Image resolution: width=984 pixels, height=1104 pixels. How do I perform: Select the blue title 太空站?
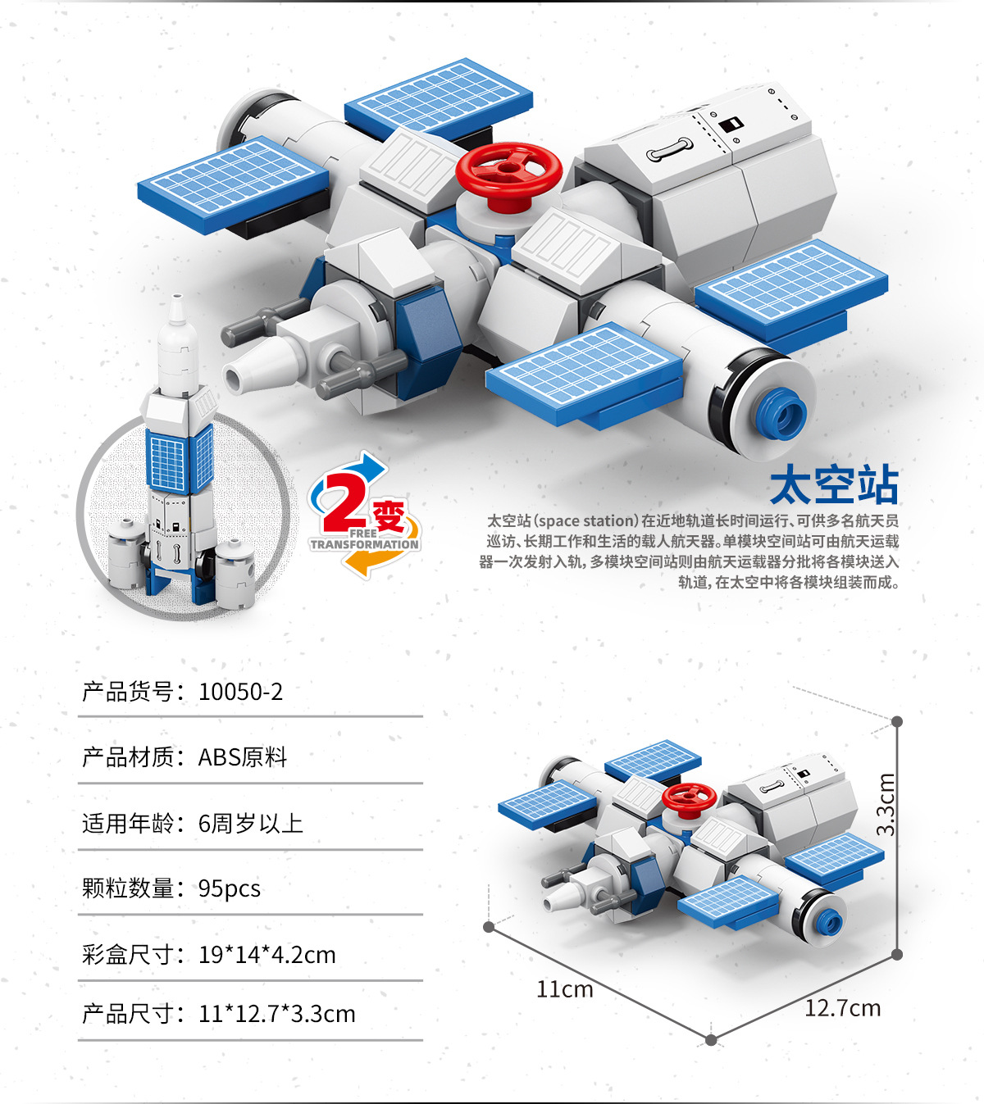pyautogui.click(x=834, y=485)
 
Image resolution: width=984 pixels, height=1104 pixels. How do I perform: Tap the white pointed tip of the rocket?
pyautogui.click(x=176, y=309)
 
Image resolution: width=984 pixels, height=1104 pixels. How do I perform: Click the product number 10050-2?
pyautogui.click(x=240, y=692)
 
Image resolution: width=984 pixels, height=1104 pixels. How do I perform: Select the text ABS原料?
pyautogui.click(x=243, y=757)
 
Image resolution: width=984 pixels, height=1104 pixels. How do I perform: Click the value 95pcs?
pyautogui.click(x=230, y=888)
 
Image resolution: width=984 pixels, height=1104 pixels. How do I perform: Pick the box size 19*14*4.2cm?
pyautogui.click(x=266, y=955)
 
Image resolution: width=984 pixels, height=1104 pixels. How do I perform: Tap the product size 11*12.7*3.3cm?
pyautogui.click(x=276, y=1014)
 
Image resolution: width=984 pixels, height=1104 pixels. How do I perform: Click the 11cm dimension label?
pyautogui.click(x=564, y=989)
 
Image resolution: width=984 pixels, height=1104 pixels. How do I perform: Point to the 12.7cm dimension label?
pyautogui.click(x=842, y=1008)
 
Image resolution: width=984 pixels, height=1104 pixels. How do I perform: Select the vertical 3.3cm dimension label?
pyautogui.click(x=886, y=804)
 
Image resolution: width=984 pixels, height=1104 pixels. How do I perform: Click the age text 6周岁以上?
pyautogui.click(x=251, y=823)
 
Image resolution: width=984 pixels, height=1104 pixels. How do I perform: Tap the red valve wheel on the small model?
pyautogui.click(x=689, y=796)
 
